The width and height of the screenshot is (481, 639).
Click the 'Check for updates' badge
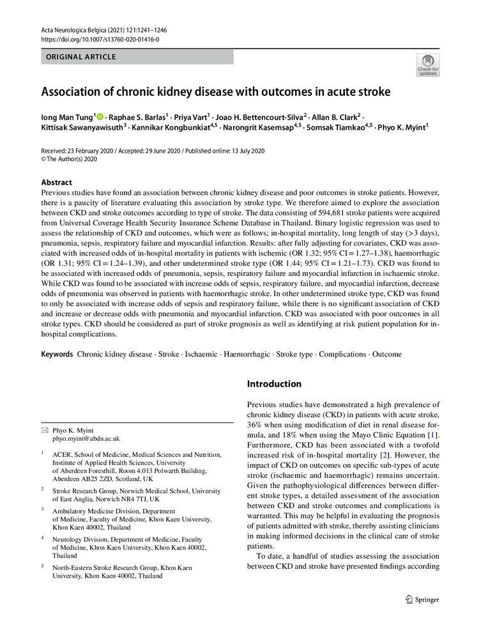point(427,65)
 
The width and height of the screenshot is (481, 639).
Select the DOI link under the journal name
point(100,39)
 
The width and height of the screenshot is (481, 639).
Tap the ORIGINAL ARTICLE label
point(80,57)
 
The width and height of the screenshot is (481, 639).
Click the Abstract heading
point(57,182)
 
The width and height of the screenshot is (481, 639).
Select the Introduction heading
point(274,384)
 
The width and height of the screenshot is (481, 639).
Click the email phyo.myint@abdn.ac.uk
point(86,439)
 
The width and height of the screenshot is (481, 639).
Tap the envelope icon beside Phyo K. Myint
point(44,431)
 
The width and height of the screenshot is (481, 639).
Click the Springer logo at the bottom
point(422,599)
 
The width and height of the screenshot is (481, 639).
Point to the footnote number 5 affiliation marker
point(43,567)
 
